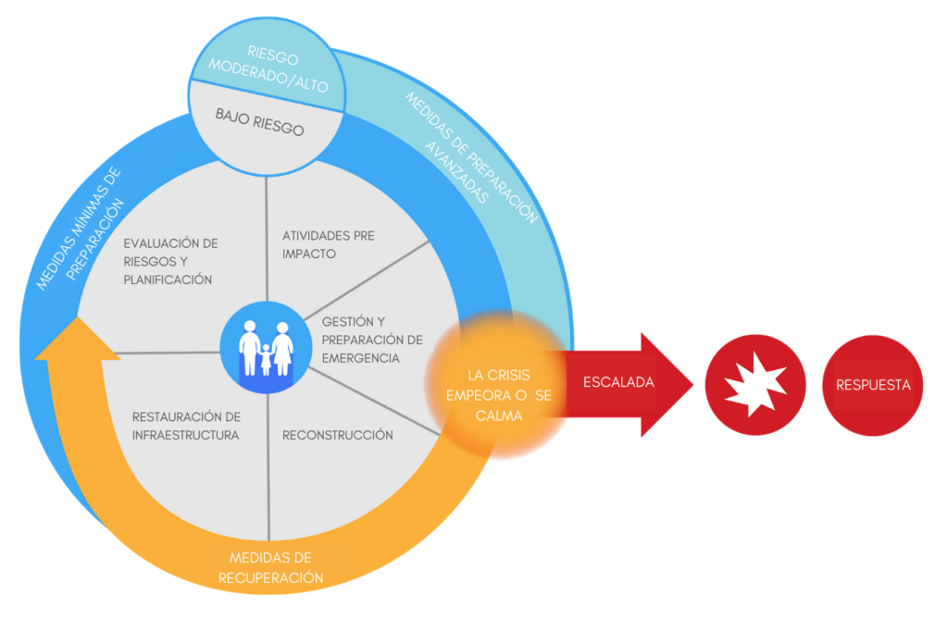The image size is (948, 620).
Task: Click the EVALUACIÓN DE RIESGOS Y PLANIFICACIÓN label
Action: (171, 261)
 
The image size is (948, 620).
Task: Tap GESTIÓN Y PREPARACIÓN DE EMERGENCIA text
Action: (371, 340)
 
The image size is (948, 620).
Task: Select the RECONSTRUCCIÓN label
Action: (337, 435)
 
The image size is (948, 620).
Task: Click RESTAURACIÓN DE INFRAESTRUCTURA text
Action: (186, 426)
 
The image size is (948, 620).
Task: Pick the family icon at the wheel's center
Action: (266, 346)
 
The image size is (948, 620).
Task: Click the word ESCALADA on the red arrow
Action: (605, 381)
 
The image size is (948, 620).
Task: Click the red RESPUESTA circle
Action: (873, 385)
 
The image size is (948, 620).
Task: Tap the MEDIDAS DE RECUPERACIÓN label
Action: (270, 568)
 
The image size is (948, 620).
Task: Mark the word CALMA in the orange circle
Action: (499, 416)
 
